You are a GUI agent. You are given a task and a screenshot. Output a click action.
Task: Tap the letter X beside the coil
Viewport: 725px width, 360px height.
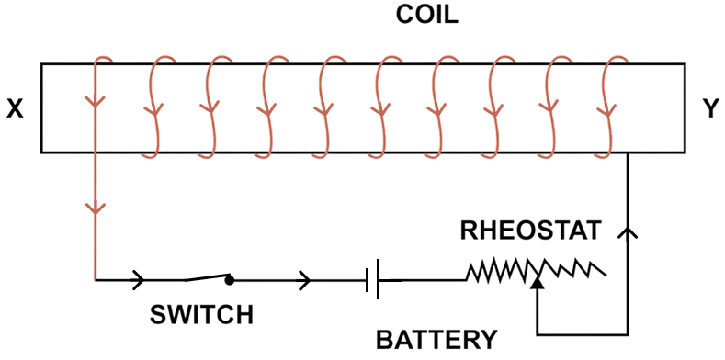pos(16,108)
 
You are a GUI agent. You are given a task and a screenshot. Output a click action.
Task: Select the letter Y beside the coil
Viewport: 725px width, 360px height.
pos(711,108)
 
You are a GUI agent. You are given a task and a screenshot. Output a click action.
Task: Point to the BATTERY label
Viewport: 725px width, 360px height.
pos(437,339)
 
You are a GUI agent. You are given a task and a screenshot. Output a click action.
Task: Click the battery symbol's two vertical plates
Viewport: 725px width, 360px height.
pos(373,278)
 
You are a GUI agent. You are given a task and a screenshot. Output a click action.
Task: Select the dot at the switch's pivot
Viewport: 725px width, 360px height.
pos(230,279)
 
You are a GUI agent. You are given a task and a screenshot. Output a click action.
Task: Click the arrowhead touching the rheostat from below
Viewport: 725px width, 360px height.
pos(537,286)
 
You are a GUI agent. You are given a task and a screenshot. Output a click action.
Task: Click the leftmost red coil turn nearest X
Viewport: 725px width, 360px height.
pos(96,101)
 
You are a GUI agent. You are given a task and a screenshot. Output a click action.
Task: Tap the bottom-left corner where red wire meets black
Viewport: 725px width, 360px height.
pos(96,278)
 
